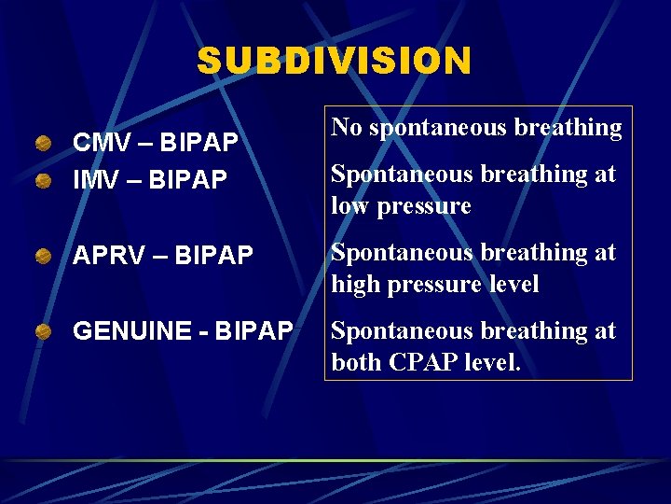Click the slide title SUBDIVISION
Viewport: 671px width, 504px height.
[335, 62]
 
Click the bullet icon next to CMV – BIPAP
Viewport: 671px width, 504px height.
[44, 144]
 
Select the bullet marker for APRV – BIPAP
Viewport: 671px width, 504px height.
[44, 255]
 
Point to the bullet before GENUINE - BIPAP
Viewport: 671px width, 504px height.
[44, 329]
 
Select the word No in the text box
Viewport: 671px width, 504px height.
[347, 128]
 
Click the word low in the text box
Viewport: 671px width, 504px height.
[350, 206]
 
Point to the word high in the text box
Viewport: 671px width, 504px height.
[354, 285]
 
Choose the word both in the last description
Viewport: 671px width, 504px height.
[354, 363]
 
